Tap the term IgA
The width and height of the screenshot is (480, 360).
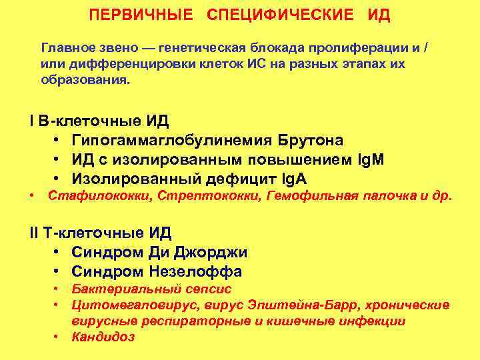[293, 179]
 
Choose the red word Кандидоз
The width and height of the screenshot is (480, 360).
[103, 337]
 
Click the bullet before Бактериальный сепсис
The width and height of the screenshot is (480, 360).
[58, 289]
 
